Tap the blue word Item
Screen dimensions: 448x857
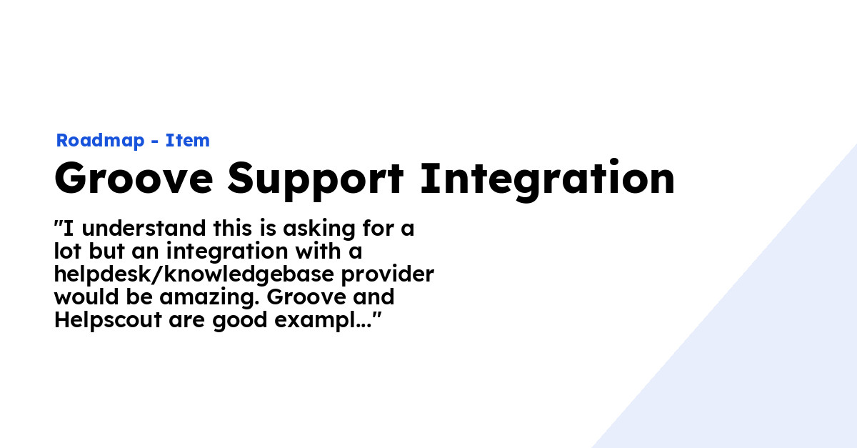click(x=188, y=141)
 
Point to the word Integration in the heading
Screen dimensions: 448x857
click(x=547, y=180)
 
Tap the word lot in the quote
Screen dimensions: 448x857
click(x=68, y=252)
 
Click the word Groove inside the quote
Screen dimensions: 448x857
click(x=324, y=297)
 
